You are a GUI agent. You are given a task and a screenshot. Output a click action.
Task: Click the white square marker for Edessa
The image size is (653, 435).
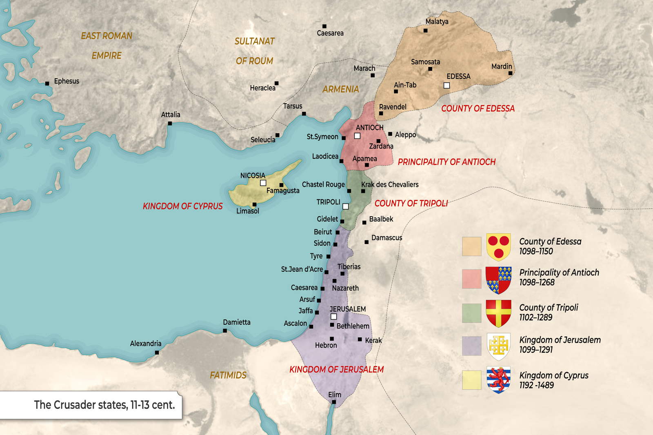pyautogui.click(x=446, y=85)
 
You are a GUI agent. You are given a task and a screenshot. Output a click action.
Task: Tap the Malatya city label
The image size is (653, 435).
pyautogui.click(x=437, y=22)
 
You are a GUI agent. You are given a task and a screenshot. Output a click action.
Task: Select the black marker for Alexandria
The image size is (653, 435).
pyautogui.click(x=157, y=352)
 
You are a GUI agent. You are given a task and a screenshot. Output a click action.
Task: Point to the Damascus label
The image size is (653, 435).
pyautogui.click(x=386, y=237)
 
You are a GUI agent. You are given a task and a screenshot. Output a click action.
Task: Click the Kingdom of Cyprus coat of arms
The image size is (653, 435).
pyautogui.click(x=498, y=380)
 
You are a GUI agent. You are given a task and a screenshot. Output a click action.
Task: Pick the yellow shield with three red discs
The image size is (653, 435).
pyautogui.click(x=498, y=247)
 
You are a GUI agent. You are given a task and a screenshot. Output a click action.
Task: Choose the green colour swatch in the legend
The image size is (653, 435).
pyautogui.click(x=471, y=313)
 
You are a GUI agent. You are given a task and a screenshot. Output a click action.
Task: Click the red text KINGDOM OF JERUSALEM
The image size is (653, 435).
pyautogui.click(x=336, y=369)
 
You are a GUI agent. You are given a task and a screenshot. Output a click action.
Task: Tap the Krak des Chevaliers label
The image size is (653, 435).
pyautogui.click(x=390, y=184)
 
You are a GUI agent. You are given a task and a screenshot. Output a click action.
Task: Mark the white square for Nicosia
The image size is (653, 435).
pyautogui.click(x=263, y=183)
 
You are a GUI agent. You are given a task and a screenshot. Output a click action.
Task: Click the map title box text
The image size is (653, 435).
pyautogui.click(x=104, y=405)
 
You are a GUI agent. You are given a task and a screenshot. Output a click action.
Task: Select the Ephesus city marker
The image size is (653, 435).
pyautogui.click(x=47, y=83)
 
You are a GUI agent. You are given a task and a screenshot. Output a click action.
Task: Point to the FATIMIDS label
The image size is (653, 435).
pyautogui.click(x=228, y=375)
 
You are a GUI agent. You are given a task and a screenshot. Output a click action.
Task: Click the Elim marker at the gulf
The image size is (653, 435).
pyautogui.click(x=334, y=402)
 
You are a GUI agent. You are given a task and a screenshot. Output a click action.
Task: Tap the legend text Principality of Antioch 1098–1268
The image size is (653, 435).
pyautogui.click(x=558, y=277)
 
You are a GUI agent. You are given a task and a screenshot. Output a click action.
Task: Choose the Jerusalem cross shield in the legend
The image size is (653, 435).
pyautogui.click(x=498, y=346)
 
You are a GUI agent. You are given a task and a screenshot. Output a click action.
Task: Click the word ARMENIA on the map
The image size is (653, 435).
pyautogui.click(x=340, y=89)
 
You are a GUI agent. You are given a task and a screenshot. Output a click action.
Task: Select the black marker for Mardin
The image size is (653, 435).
pyautogui.click(x=510, y=73)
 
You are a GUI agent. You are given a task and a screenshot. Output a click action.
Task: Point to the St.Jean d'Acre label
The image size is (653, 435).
pyautogui.click(x=302, y=269)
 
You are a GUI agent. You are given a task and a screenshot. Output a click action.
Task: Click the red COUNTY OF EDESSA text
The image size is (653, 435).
pyautogui.click(x=478, y=109)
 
